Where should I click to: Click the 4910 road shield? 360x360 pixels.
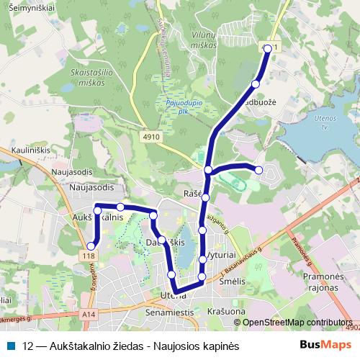pos(151,136)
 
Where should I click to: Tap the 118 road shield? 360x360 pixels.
pos(89,256)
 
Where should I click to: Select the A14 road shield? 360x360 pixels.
pos(89,315)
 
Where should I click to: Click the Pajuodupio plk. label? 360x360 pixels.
pos(183,107)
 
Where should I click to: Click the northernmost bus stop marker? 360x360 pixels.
pos(268,48)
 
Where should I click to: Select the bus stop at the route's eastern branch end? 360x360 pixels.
pos(258,170)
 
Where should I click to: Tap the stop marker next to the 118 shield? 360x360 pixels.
pos(91,246)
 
